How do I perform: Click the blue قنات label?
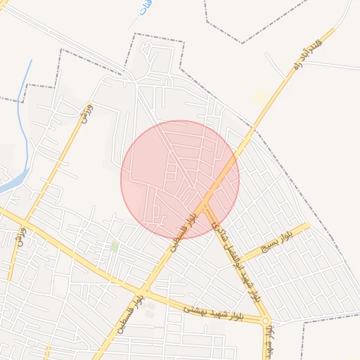click(144, 13)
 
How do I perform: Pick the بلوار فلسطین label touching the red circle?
click(181, 233)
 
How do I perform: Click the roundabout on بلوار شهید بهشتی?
click(266, 321)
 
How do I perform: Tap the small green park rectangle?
click(115, 246)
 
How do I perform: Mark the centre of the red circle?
click(180, 180)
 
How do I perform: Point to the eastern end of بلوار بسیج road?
click(307, 226)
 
